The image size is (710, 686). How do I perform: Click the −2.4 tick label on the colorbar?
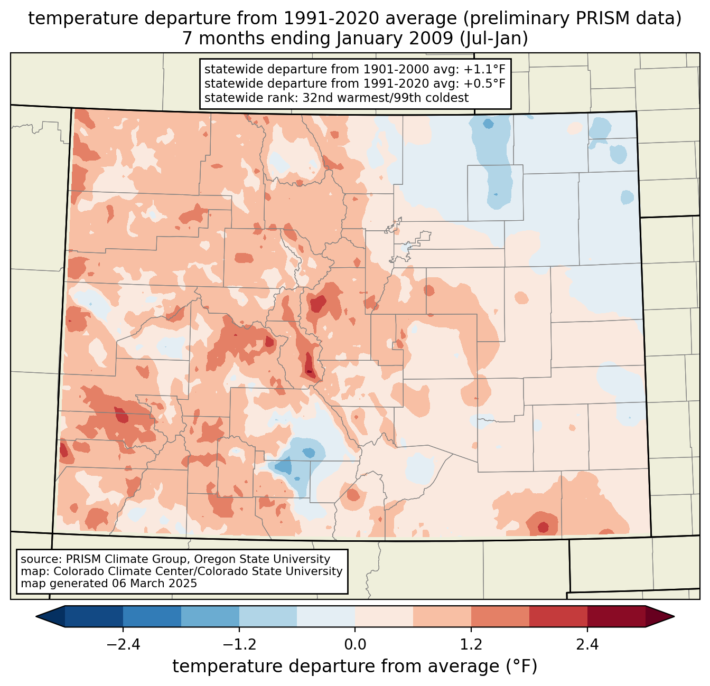(x=123, y=645)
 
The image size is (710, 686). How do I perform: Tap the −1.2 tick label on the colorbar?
(x=239, y=645)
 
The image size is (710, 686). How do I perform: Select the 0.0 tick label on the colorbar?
(x=355, y=645)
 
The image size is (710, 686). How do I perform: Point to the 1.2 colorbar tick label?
(x=471, y=645)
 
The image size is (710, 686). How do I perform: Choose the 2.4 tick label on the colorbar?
(x=587, y=645)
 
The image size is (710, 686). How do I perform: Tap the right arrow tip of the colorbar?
(x=672, y=616)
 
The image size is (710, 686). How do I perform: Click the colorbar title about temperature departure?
(x=355, y=666)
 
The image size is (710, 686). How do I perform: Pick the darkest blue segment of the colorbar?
(x=94, y=616)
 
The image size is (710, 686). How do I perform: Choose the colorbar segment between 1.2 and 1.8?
(x=500, y=616)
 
